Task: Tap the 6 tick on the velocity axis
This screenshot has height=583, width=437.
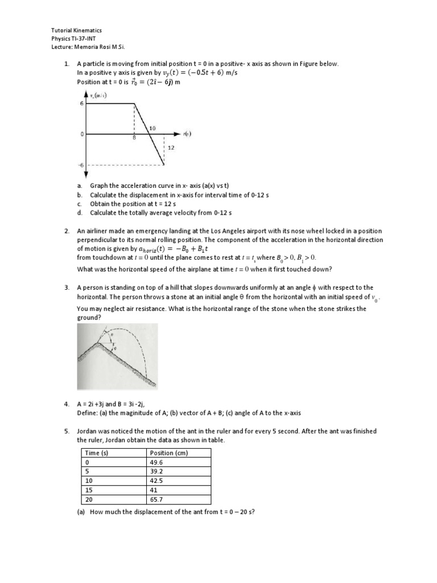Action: (x=81, y=104)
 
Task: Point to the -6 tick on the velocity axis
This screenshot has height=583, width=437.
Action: (x=81, y=165)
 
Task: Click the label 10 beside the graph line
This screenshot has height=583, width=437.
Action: (x=152, y=129)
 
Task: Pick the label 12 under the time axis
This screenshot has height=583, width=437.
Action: (x=171, y=147)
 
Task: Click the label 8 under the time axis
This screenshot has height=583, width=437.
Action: (x=134, y=138)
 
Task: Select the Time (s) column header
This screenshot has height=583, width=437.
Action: (x=96, y=453)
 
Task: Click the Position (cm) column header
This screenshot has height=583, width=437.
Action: (x=168, y=453)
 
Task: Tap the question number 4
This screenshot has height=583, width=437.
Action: (x=67, y=403)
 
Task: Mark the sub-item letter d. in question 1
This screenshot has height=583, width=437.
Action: (x=79, y=212)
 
